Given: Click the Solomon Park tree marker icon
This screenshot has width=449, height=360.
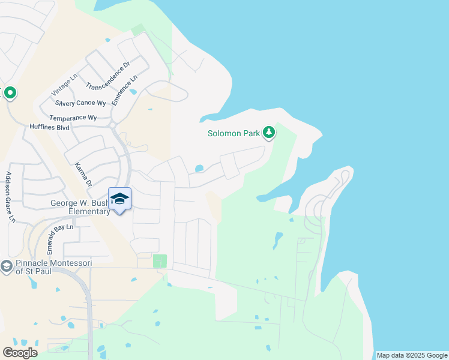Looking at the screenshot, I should (x=270, y=133).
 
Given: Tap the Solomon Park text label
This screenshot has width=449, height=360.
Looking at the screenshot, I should (x=234, y=133).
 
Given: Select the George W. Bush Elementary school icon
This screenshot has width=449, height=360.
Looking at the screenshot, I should (x=119, y=199).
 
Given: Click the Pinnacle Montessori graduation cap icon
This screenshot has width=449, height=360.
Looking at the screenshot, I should (x=7, y=266).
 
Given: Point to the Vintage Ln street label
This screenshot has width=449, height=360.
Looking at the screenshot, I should (x=65, y=85).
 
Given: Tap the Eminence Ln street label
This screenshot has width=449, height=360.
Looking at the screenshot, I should (x=125, y=90).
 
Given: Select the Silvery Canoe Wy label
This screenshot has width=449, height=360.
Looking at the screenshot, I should (x=80, y=103).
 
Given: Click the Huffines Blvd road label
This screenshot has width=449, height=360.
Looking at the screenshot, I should (x=50, y=128).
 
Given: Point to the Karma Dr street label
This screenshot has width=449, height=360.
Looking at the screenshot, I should (x=83, y=173).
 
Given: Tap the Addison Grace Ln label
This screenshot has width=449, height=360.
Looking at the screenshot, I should (x=10, y=197).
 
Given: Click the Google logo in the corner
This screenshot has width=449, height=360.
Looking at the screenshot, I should (x=20, y=353).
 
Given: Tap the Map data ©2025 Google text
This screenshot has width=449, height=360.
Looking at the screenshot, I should (x=411, y=355).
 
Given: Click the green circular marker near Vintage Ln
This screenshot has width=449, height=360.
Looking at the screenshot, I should (x=10, y=93).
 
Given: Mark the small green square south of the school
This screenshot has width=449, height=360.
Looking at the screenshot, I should (x=160, y=261).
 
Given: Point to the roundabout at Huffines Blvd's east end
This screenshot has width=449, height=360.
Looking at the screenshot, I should (x=112, y=125).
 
